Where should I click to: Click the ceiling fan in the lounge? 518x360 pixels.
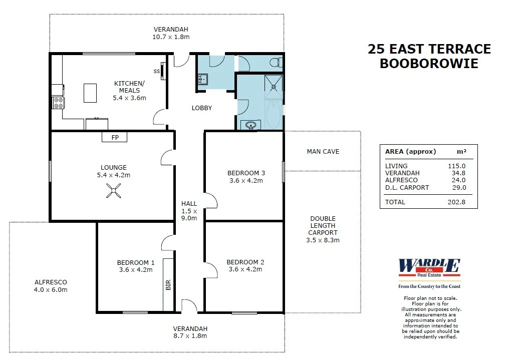(x=113, y=191)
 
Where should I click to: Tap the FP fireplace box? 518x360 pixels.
(x=115, y=137)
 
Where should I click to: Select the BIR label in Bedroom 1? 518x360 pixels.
(x=168, y=285)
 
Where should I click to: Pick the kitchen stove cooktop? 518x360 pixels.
(x=59, y=103)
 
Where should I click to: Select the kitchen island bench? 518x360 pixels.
(x=90, y=93)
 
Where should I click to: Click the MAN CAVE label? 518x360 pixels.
(x=323, y=151)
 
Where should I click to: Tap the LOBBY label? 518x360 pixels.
(x=202, y=108)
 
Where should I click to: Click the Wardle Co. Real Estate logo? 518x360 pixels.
(x=429, y=269)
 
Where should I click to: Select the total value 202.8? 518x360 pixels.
(x=456, y=202)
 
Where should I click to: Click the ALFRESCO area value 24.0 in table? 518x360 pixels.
(x=458, y=180)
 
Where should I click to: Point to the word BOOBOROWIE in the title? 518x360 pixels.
(x=429, y=64)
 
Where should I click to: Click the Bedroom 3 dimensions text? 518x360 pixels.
(x=246, y=181)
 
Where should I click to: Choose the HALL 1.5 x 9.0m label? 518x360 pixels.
(x=189, y=211)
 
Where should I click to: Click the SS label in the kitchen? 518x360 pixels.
(x=157, y=71)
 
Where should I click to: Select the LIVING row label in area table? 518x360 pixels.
(x=396, y=166)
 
